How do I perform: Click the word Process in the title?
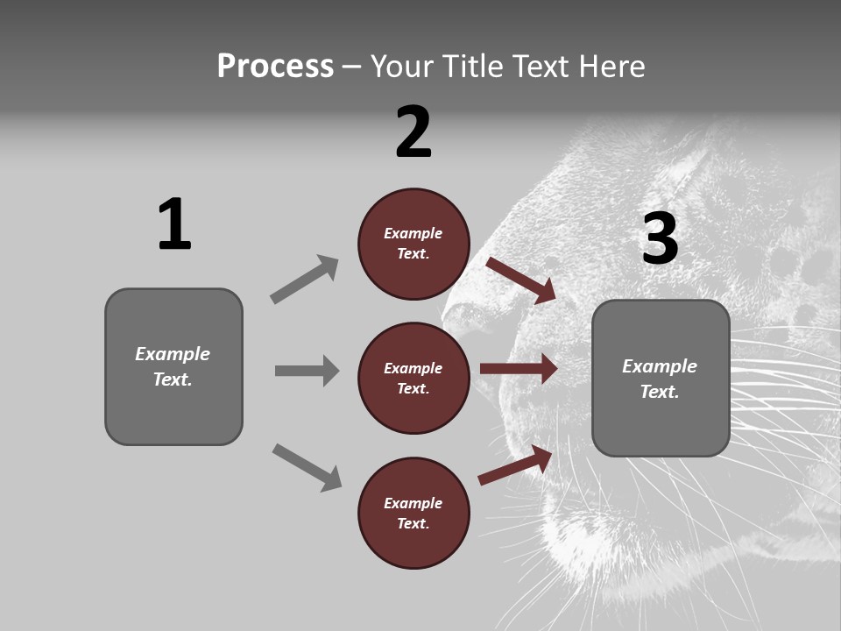(x=275, y=67)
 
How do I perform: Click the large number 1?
(x=173, y=225)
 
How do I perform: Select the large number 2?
(x=413, y=132)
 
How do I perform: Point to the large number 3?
(x=660, y=238)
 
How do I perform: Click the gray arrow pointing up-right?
(x=305, y=280)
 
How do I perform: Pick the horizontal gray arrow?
(x=307, y=371)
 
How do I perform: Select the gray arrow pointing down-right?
(x=307, y=467)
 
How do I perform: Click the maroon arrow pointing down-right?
(x=521, y=280)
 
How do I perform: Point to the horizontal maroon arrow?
(x=519, y=369)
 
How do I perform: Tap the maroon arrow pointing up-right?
(x=516, y=464)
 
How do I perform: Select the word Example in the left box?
(x=173, y=354)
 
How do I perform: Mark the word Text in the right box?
(x=659, y=392)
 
